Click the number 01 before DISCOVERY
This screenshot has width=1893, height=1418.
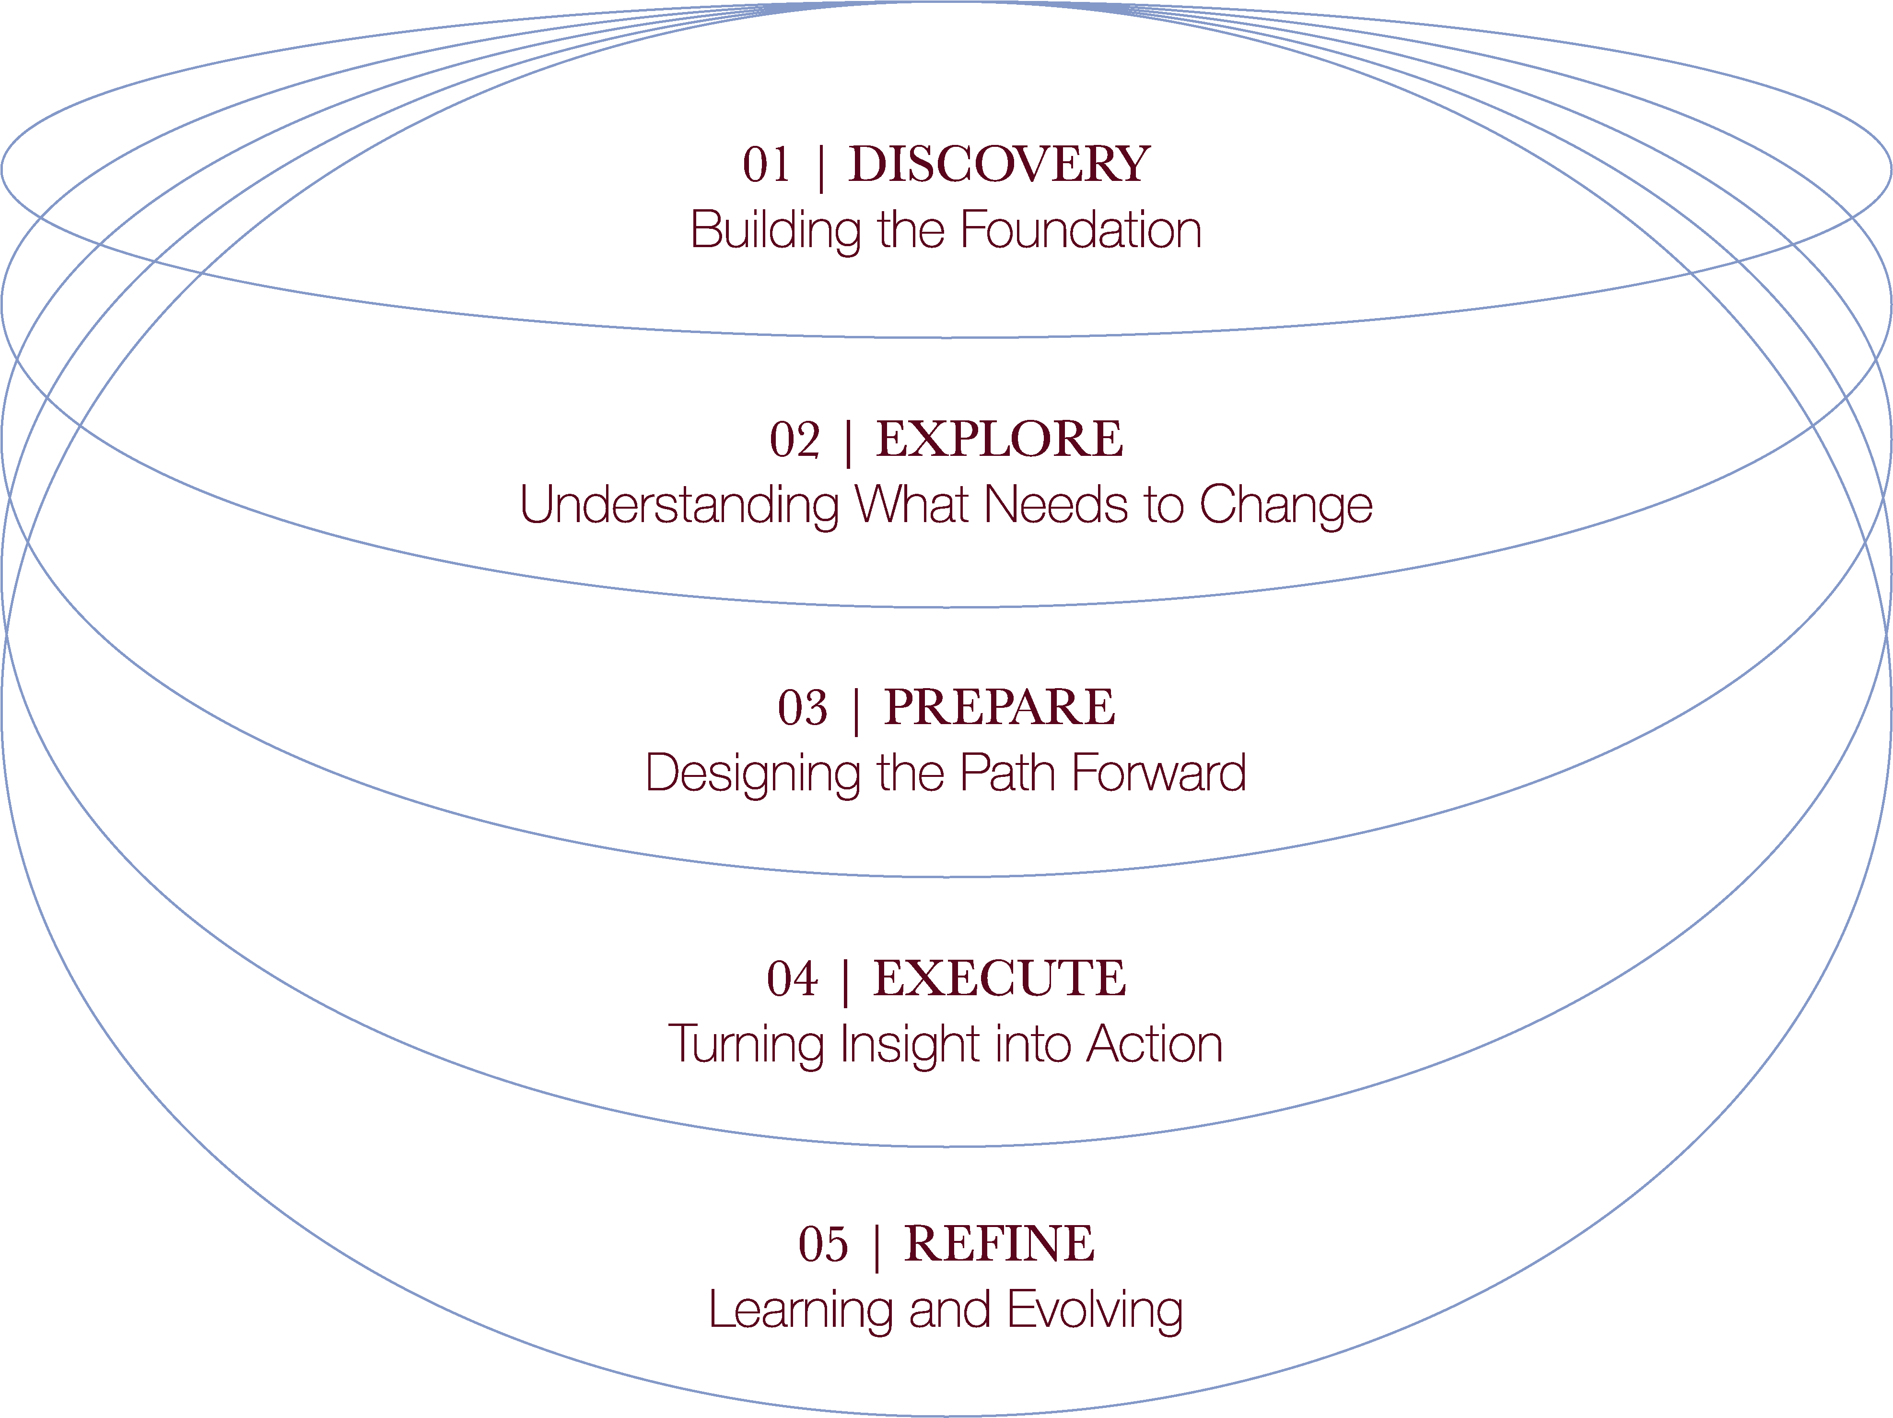tap(766, 165)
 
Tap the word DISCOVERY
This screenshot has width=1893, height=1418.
tap(999, 165)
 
